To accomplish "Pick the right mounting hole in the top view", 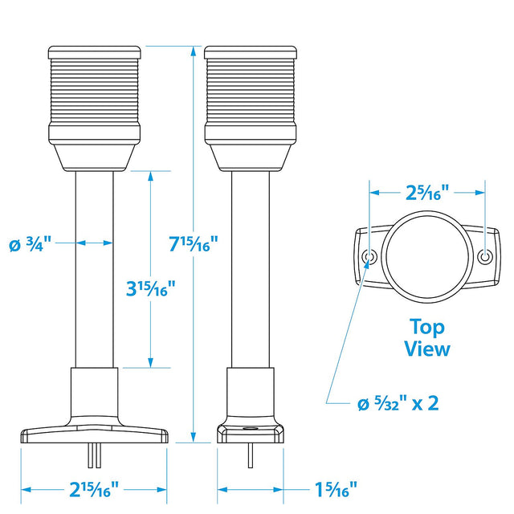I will click(484, 256).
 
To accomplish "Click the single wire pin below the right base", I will click(250, 456).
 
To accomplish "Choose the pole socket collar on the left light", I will click(95, 394).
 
